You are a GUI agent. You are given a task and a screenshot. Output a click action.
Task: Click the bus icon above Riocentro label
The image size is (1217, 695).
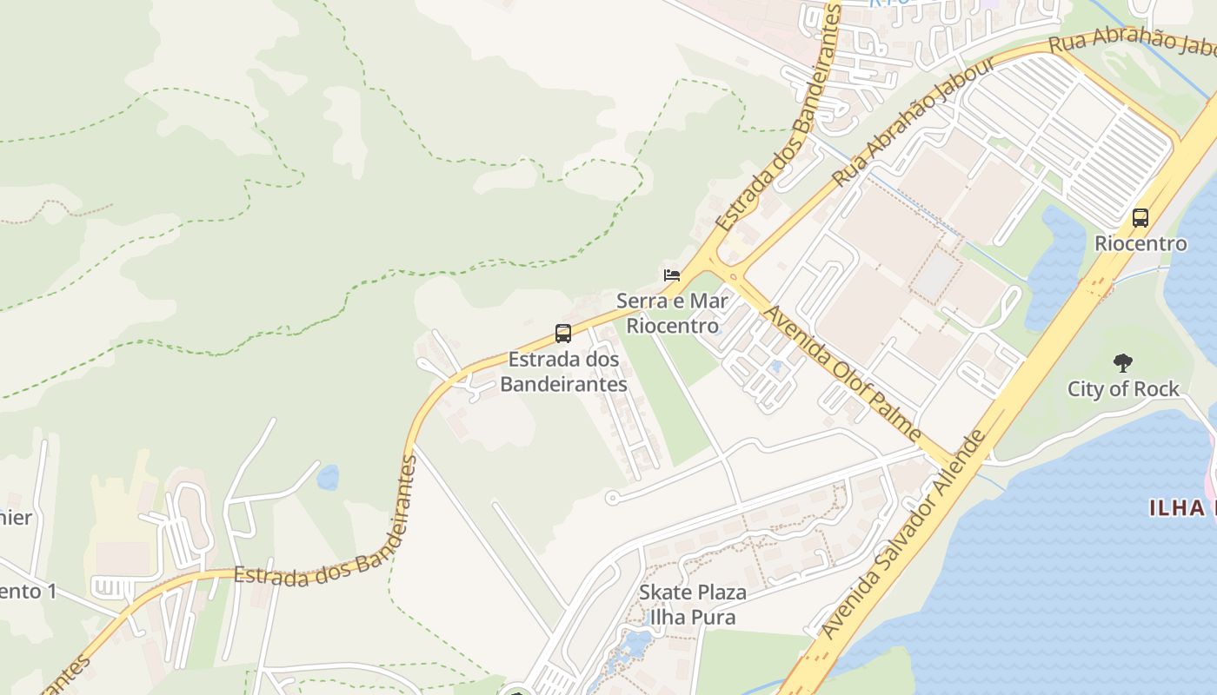point(1141,218)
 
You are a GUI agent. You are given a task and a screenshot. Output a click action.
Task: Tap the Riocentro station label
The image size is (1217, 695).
point(1141,243)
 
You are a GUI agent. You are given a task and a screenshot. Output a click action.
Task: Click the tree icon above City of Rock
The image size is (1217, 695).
point(1123,363)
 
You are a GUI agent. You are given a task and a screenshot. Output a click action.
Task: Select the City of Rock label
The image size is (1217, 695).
point(1123,388)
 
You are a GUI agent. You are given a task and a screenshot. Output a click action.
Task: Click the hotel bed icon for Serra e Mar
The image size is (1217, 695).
point(671,275)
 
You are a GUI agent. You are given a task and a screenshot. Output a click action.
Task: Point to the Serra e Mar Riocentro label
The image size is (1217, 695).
point(673,314)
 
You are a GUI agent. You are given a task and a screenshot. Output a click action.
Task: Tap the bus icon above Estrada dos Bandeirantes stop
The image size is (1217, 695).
point(563,333)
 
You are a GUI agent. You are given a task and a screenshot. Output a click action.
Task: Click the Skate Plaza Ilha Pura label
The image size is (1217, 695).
point(693,605)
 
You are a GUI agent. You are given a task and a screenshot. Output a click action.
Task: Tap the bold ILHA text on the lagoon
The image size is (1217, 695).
point(1182,508)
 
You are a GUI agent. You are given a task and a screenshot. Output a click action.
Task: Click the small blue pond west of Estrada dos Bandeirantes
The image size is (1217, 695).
point(328,477)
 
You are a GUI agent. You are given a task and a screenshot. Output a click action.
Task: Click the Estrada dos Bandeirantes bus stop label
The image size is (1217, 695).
point(563,372)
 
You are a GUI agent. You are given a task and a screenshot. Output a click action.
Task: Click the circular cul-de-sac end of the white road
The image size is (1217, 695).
point(611,499)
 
